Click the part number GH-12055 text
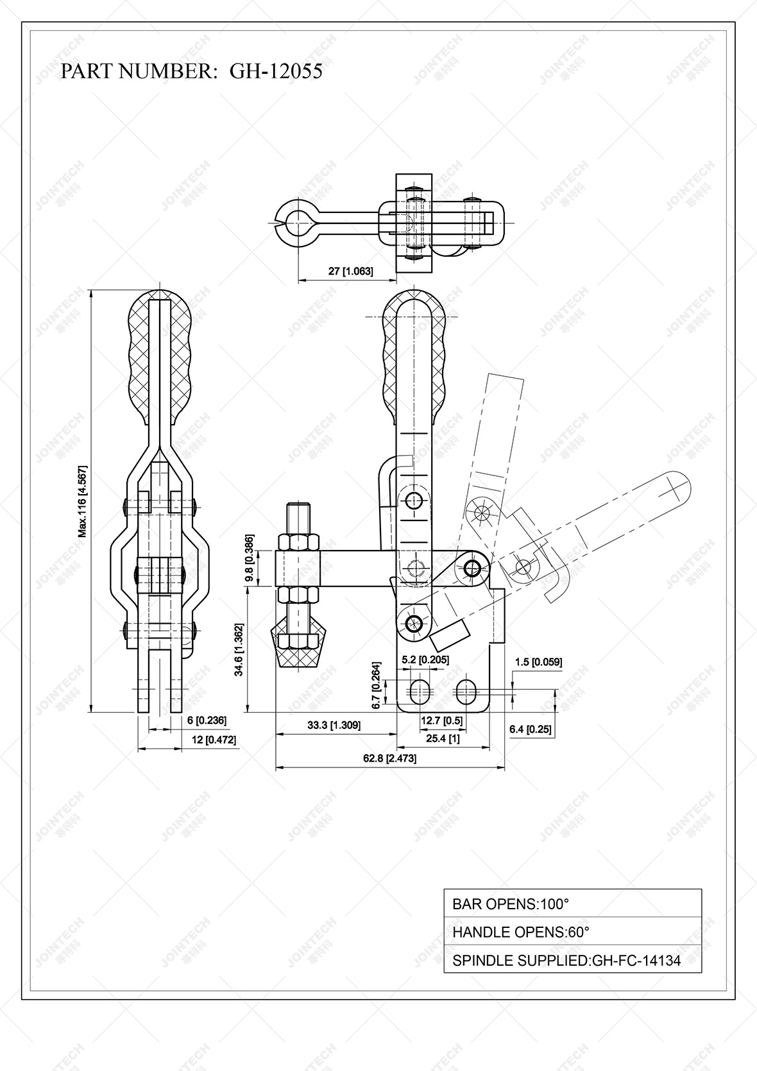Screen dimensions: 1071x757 tap(191, 71)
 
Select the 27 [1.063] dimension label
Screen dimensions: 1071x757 tap(350, 271)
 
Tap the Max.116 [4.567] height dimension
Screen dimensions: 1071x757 tap(82, 501)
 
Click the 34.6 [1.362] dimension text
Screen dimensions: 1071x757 tap(239, 649)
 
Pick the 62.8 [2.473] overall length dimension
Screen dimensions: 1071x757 tap(389, 758)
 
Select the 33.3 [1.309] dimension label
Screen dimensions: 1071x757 tap(334, 725)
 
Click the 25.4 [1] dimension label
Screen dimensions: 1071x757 tap(443, 739)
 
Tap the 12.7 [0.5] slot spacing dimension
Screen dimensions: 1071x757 tap(441, 721)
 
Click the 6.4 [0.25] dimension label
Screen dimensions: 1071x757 tap(530, 729)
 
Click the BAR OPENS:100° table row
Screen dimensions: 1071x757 tap(572, 904)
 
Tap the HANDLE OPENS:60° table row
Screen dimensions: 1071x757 tap(572, 932)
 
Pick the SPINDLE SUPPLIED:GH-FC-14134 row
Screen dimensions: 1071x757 tap(572, 960)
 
